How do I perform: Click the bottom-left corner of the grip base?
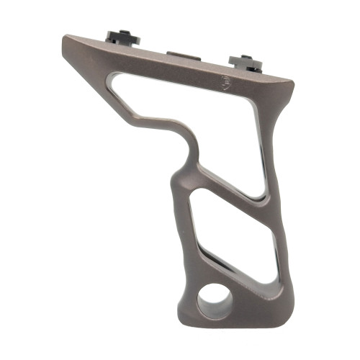coord(184,313)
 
